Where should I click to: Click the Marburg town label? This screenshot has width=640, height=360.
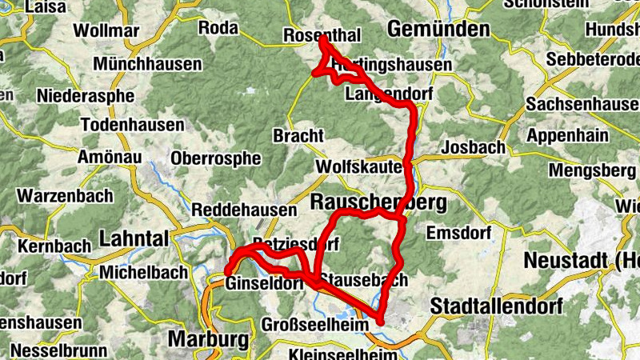[x=209, y=338]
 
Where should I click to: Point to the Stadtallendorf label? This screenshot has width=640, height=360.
[x=496, y=306]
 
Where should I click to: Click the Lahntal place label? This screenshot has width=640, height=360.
[x=134, y=238]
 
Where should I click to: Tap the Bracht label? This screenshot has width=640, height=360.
[x=298, y=135]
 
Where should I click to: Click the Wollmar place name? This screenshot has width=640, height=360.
[x=106, y=31]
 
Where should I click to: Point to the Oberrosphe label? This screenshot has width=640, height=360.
[x=216, y=158]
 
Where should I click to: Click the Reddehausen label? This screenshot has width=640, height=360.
[x=244, y=210]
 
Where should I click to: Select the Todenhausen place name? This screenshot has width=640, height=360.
[x=133, y=126]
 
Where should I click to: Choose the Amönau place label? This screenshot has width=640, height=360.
[x=110, y=158]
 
